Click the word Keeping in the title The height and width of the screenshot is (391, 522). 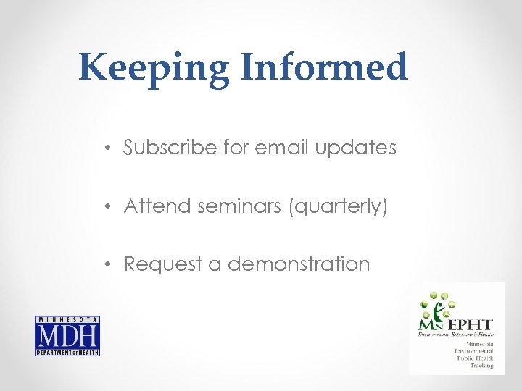[154, 69]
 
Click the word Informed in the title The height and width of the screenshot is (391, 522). [323, 67]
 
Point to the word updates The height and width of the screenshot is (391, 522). [356, 148]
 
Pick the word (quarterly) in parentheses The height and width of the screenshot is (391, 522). [339, 207]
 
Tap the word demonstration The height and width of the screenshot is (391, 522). [299, 264]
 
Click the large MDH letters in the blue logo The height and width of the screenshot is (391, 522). [67, 336]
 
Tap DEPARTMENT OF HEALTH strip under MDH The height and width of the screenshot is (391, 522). [67, 352]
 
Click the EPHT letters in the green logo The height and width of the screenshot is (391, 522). [471, 325]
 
